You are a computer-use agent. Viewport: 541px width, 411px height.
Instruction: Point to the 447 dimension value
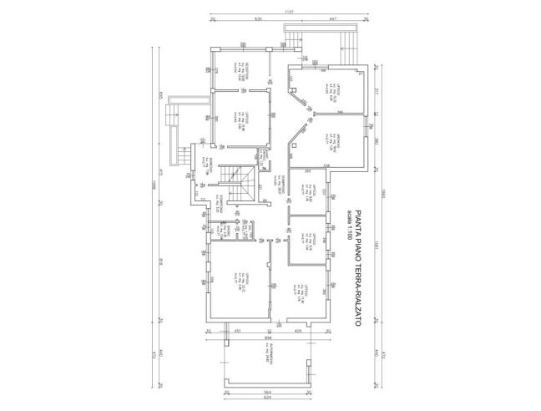pos(331,18)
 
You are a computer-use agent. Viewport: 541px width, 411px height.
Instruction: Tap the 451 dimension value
pos(237,332)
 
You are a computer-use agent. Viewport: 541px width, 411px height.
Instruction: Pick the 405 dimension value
pos(298,332)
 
